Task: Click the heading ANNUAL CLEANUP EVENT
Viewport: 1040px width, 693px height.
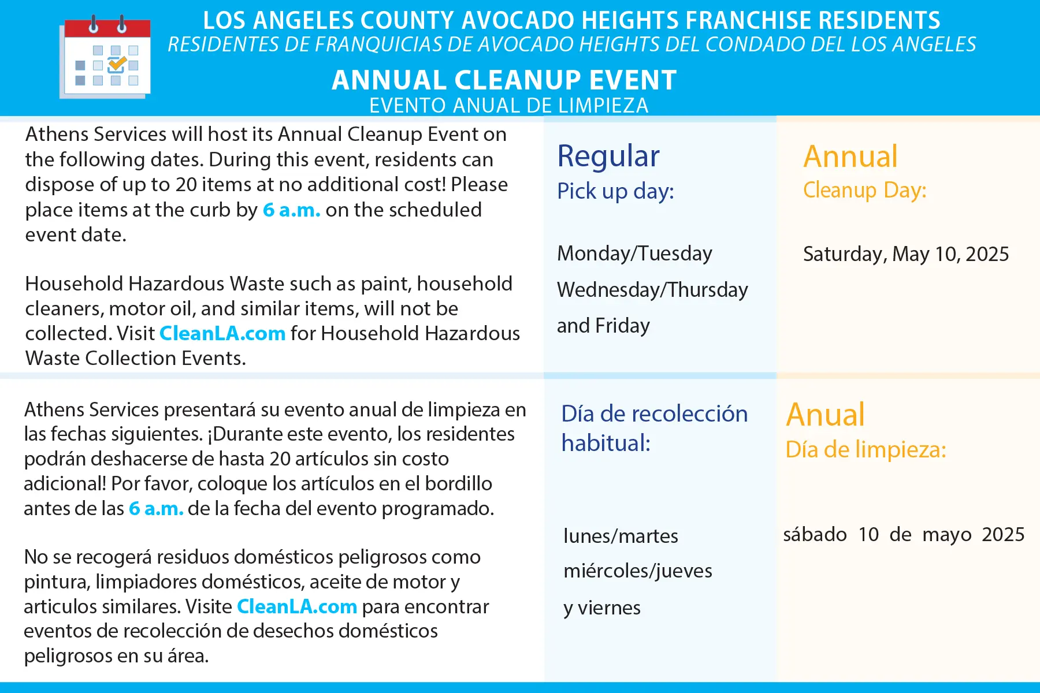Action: click(504, 80)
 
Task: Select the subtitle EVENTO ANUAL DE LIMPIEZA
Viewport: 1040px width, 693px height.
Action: click(509, 106)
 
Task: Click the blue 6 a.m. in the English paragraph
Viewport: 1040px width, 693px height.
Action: click(292, 210)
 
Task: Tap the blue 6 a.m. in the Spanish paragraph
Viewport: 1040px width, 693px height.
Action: click(156, 508)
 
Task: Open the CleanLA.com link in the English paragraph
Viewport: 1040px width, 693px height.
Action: click(222, 333)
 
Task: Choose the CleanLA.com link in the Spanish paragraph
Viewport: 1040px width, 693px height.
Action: click(297, 606)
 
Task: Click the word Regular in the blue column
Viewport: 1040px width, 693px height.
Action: click(608, 156)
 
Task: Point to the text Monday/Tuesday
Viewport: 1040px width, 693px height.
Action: click(634, 254)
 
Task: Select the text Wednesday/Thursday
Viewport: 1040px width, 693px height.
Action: click(652, 290)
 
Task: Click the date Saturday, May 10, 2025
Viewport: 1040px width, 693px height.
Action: click(906, 254)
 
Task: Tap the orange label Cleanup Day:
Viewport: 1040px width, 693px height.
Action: click(865, 190)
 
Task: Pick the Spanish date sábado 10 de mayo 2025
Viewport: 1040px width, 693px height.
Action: click(904, 535)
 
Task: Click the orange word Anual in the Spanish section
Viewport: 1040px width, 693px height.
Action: click(825, 414)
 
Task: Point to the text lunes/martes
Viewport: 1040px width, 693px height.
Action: click(621, 536)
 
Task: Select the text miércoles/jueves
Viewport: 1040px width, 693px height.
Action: click(638, 571)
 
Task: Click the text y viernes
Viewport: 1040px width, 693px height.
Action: click(602, 608)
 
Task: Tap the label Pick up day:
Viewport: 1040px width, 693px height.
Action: click(615, 191)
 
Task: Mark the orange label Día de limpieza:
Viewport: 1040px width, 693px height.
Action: click(866, 449)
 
